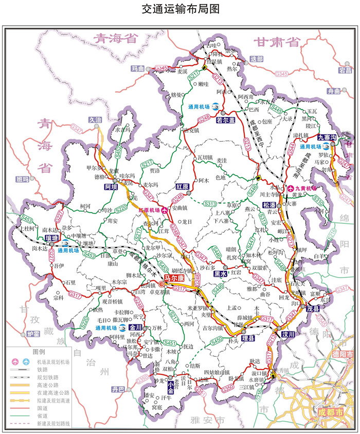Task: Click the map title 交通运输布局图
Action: click(179, 9)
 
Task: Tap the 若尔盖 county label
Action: click(225, 120)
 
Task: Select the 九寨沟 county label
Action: click(326, 137)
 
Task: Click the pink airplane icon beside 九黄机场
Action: click(291, 188)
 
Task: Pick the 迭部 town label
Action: click(256, 59)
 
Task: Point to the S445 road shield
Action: click(277, 109)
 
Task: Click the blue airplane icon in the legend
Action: click(26, 361)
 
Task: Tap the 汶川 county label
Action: click(287, 334)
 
